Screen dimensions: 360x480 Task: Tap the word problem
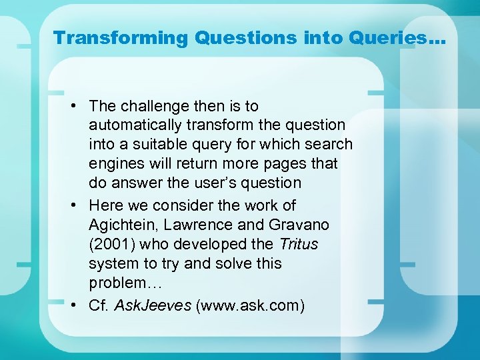click(115, 283)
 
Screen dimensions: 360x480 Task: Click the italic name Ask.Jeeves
click(153, 305)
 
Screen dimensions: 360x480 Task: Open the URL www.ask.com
click(250, 305)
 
